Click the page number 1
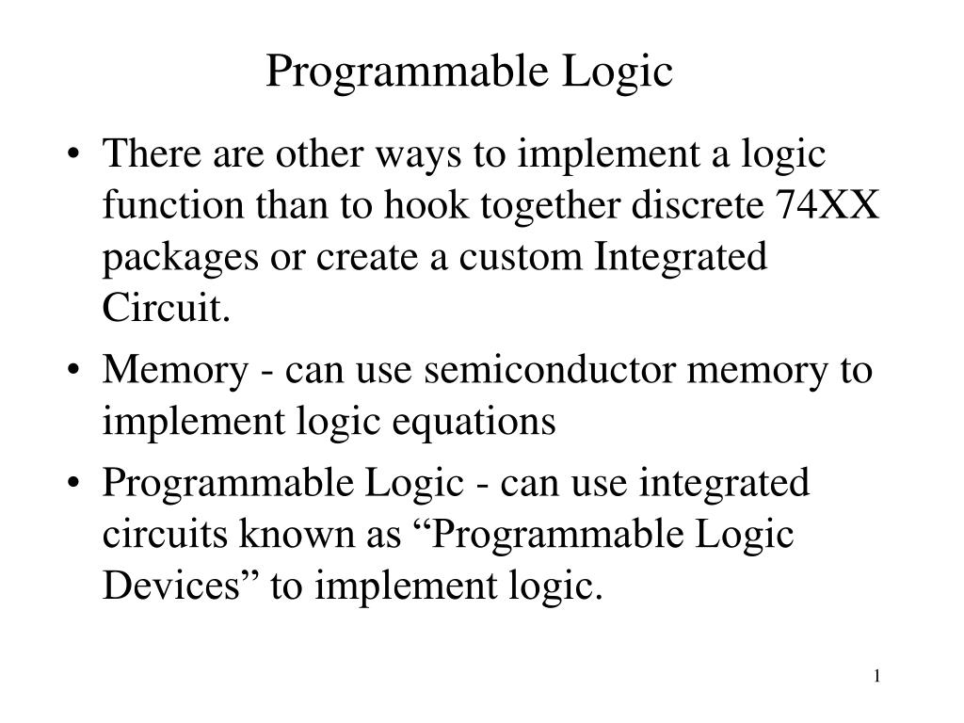tap(876, 676)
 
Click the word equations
tap(489, 423)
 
